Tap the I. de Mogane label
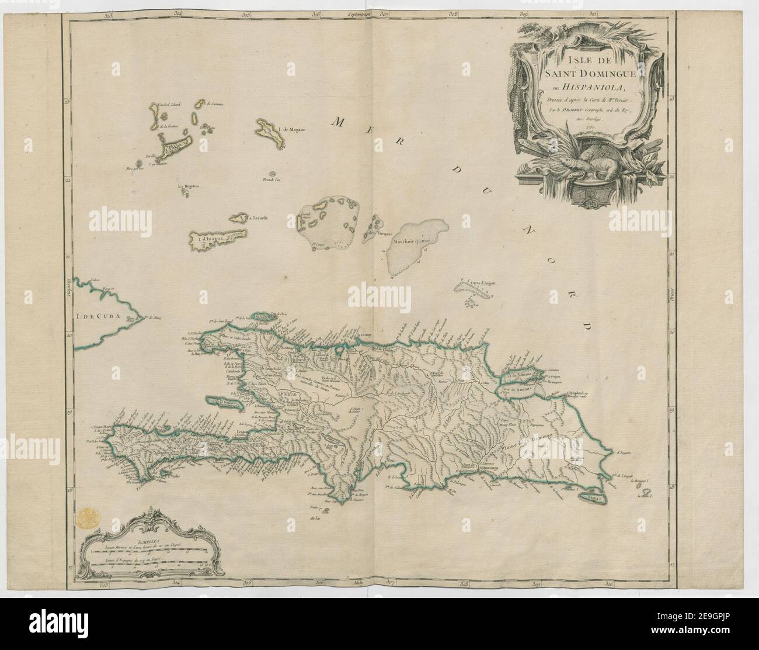coord(293,129)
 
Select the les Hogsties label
coord(189,186)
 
